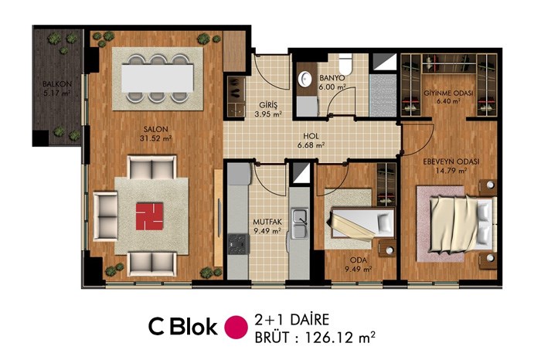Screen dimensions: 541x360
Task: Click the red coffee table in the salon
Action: click(x=149, y=216)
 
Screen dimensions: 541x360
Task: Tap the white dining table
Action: click(x=157, y=78)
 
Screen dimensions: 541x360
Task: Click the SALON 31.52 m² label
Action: click(x=158, y=134)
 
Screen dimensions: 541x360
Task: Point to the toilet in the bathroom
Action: click(x=345, y=64)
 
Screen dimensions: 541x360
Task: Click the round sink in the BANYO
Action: click(x=305, y=79)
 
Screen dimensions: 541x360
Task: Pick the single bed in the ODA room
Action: click(x=362, y=223)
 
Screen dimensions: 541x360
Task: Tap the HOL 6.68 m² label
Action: click(x=311, y=141)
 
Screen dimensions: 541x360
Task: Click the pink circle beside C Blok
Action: click(x=236, y=327)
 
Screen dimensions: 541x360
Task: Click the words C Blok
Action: click(x=183, y=327)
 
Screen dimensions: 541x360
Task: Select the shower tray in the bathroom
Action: click(x=383, y=96)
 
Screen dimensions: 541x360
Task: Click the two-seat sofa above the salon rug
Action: click(x=151, y=168)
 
